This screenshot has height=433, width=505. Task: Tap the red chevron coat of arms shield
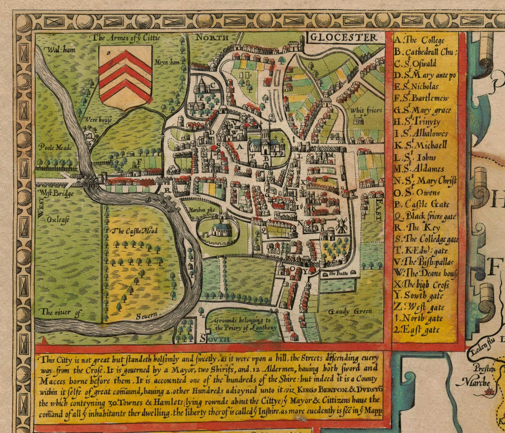coord(125,76)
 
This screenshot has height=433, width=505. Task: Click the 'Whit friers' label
coord(364,111)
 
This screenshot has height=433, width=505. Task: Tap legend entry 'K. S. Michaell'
coord(421,144)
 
